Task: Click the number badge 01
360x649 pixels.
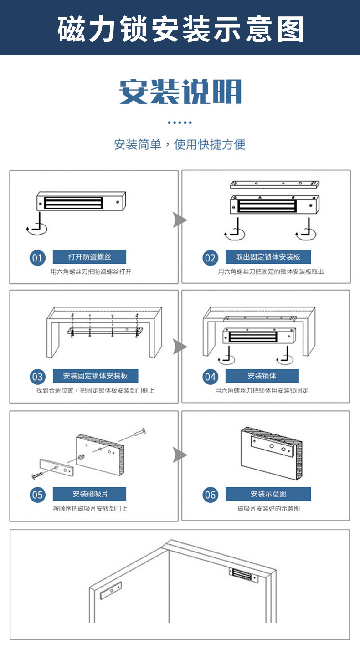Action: [37, 258]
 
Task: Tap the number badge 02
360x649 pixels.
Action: [210, 258]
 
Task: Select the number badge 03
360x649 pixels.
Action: [37, 377]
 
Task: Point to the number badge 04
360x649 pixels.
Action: [210, 377]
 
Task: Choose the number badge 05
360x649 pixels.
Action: [37, 495]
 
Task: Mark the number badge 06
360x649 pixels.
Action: [210, 495]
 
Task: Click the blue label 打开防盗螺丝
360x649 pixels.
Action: [89, 257]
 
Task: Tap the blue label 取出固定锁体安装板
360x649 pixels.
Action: [268, 257]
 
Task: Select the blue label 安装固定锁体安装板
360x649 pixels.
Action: [95, 376]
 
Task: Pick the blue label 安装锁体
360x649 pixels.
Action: [262, 376]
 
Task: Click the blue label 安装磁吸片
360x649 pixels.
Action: [89, 494]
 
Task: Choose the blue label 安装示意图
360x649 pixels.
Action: [268, 494]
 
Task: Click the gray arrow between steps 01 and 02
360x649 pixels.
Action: [180, 220]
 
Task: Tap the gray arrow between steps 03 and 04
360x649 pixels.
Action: [180, 347]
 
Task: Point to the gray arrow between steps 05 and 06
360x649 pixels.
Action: [180, 455]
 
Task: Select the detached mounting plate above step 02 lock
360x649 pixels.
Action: [274, 184]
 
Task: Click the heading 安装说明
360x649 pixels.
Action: [180, 92]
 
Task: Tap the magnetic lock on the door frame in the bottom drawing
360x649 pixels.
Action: [243, 575]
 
